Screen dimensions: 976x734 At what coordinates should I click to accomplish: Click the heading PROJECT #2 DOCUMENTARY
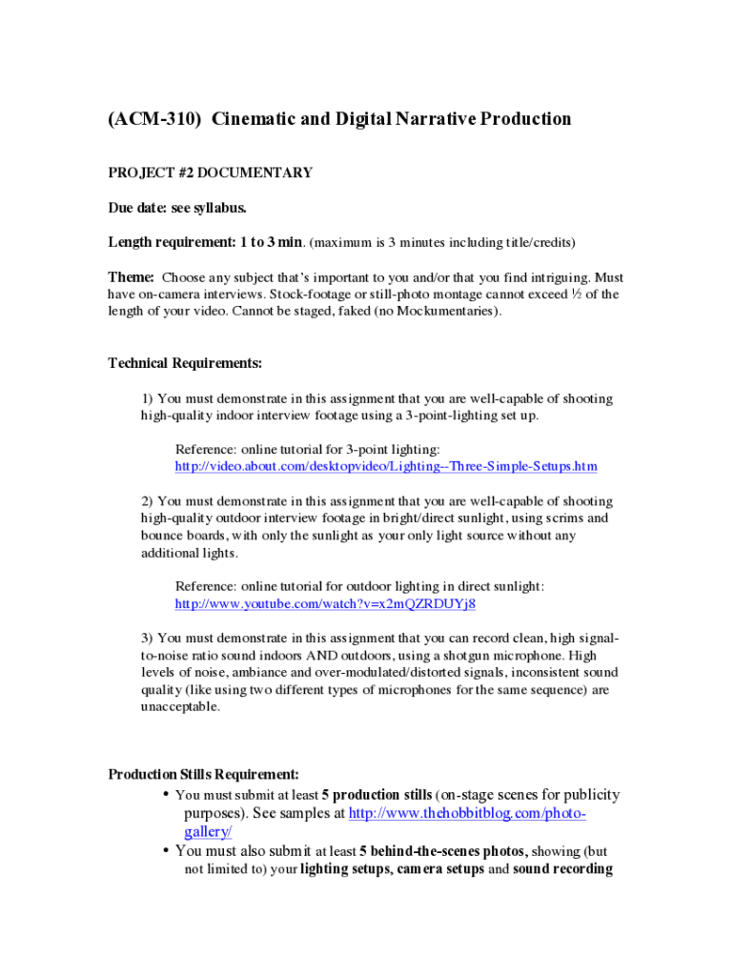[x=210, y=173]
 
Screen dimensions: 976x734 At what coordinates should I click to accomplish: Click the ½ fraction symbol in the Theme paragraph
[x=575, y=295]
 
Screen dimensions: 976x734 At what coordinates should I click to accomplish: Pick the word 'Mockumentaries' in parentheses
[x=442, y=312]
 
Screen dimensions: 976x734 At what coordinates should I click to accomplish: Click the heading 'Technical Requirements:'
[x=185, y=363]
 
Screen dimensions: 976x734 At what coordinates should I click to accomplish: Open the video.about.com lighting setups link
[x=386, y=466]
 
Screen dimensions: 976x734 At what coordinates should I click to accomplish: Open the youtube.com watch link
[x=325, y=604]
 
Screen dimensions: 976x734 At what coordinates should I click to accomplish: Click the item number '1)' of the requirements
[x=148, y=398]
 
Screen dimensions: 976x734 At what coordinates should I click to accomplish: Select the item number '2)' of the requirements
[x=148, y=501]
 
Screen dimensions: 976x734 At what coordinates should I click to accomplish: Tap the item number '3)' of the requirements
[x=148, y=638]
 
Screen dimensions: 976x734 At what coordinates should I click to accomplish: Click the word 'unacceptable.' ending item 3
[x=180, y=707]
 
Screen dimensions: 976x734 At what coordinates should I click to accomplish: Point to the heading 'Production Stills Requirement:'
[x=204, y=774]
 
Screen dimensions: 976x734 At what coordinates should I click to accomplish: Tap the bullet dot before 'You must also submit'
[x=166, y=850]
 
